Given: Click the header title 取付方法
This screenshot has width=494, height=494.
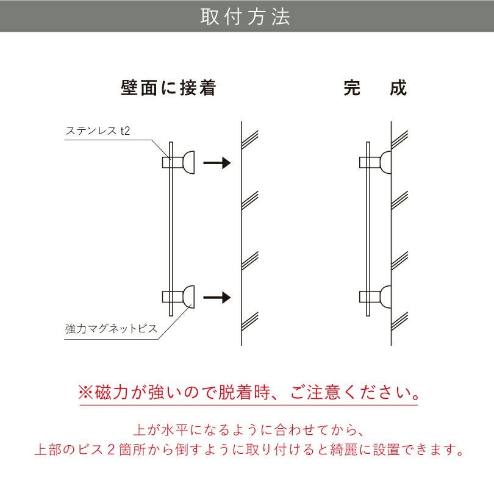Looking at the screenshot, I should pos(246,16).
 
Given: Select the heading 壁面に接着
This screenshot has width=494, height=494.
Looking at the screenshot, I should pos(169,88).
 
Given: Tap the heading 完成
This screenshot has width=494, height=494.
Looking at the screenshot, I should pos(375,88).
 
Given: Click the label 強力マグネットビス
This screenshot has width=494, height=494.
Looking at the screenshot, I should pos(111,329).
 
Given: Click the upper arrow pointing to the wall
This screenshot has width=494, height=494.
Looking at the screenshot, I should pos(217,163).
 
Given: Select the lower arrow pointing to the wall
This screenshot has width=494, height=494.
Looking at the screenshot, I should pos(217,298).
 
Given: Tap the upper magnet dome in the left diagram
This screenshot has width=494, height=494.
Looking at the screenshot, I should pos(188,163).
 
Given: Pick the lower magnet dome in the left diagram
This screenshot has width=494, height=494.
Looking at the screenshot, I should pos(188,298).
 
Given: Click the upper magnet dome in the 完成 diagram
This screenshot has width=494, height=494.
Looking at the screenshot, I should pos(385,163).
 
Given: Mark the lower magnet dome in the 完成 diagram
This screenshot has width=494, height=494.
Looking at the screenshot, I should pos(385,298).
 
